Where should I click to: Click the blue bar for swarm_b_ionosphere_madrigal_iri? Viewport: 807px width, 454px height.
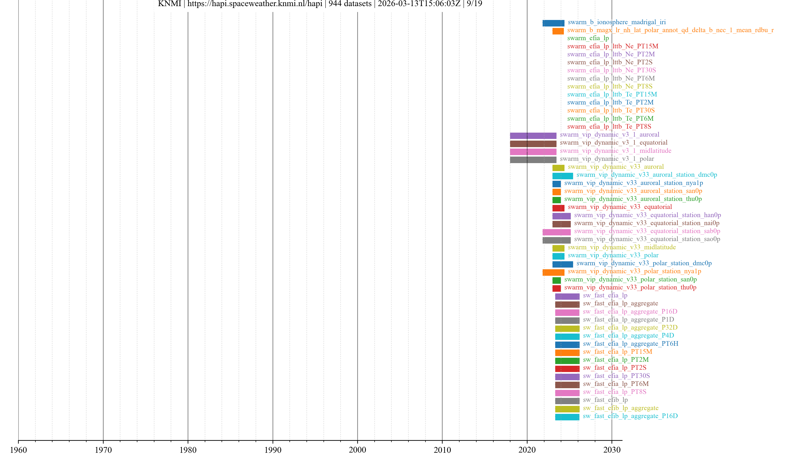[553, 23]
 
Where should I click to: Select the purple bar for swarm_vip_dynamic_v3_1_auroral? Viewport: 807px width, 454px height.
[533, 136]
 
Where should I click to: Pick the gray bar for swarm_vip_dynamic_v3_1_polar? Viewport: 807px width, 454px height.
[533, 160]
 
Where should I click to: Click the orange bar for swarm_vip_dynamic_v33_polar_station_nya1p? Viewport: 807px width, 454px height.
[553, 272]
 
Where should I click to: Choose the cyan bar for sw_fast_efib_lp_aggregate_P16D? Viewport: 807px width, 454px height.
[567, 417]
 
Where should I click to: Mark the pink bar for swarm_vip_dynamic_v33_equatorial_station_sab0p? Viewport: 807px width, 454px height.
[556, 232]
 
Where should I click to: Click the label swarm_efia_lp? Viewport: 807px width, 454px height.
[588, 38]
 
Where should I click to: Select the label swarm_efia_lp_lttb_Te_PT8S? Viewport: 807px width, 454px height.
[609, 127]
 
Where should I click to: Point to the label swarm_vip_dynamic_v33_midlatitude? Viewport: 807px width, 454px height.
[622, 247]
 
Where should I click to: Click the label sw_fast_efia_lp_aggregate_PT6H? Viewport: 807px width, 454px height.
[630, 344]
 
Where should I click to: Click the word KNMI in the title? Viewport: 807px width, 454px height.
[169, 4]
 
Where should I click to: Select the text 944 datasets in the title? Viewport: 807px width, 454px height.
[350, 4]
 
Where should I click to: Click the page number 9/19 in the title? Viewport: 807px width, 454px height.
[474, 4]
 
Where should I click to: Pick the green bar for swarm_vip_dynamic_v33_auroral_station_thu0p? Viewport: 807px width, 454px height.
[556, 200]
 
